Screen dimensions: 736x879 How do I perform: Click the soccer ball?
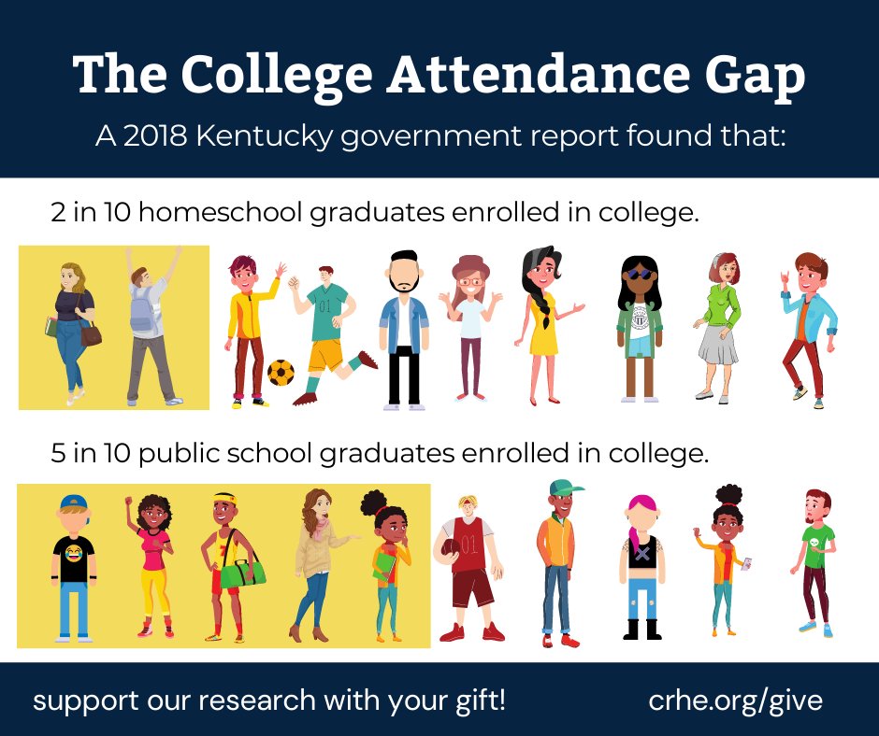pyautogui.click(x=281, y=373)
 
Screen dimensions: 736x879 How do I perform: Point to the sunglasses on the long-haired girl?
pyautogui.click(x=639, y=275)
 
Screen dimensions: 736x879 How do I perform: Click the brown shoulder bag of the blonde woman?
pyautogui.click(x=91, y=333)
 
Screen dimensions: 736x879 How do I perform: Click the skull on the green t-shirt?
pyautogui.click(x=816, y=540)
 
